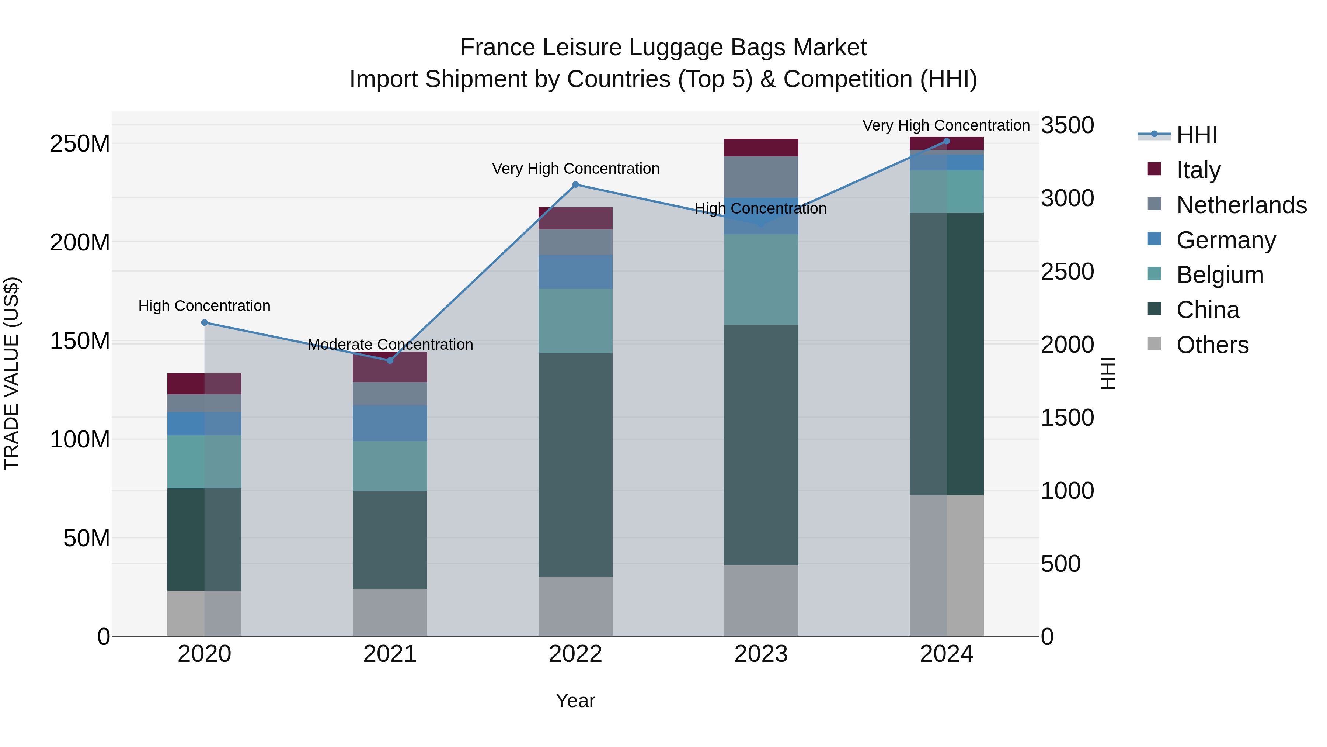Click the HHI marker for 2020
(x=205, y=323)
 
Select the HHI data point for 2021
(x=390, y=361)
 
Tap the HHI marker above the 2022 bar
(x=575, y=184)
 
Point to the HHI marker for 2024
(x=946, y=141)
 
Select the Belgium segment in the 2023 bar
(x=761, y=279)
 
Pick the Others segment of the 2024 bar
(x=946, y=566)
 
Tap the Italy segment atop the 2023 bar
(x=761, y=148)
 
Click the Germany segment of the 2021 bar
(x=390, y=423)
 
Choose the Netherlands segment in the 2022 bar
(x=575, y=242)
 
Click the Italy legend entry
(x=1198, y=170)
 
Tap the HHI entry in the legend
(x=1197, y=135)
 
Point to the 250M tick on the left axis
(x=80, y=144)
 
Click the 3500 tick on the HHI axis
(x=1067, y=125)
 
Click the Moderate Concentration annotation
(x=390, y=345)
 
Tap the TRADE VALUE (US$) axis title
(x=11, y=373)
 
